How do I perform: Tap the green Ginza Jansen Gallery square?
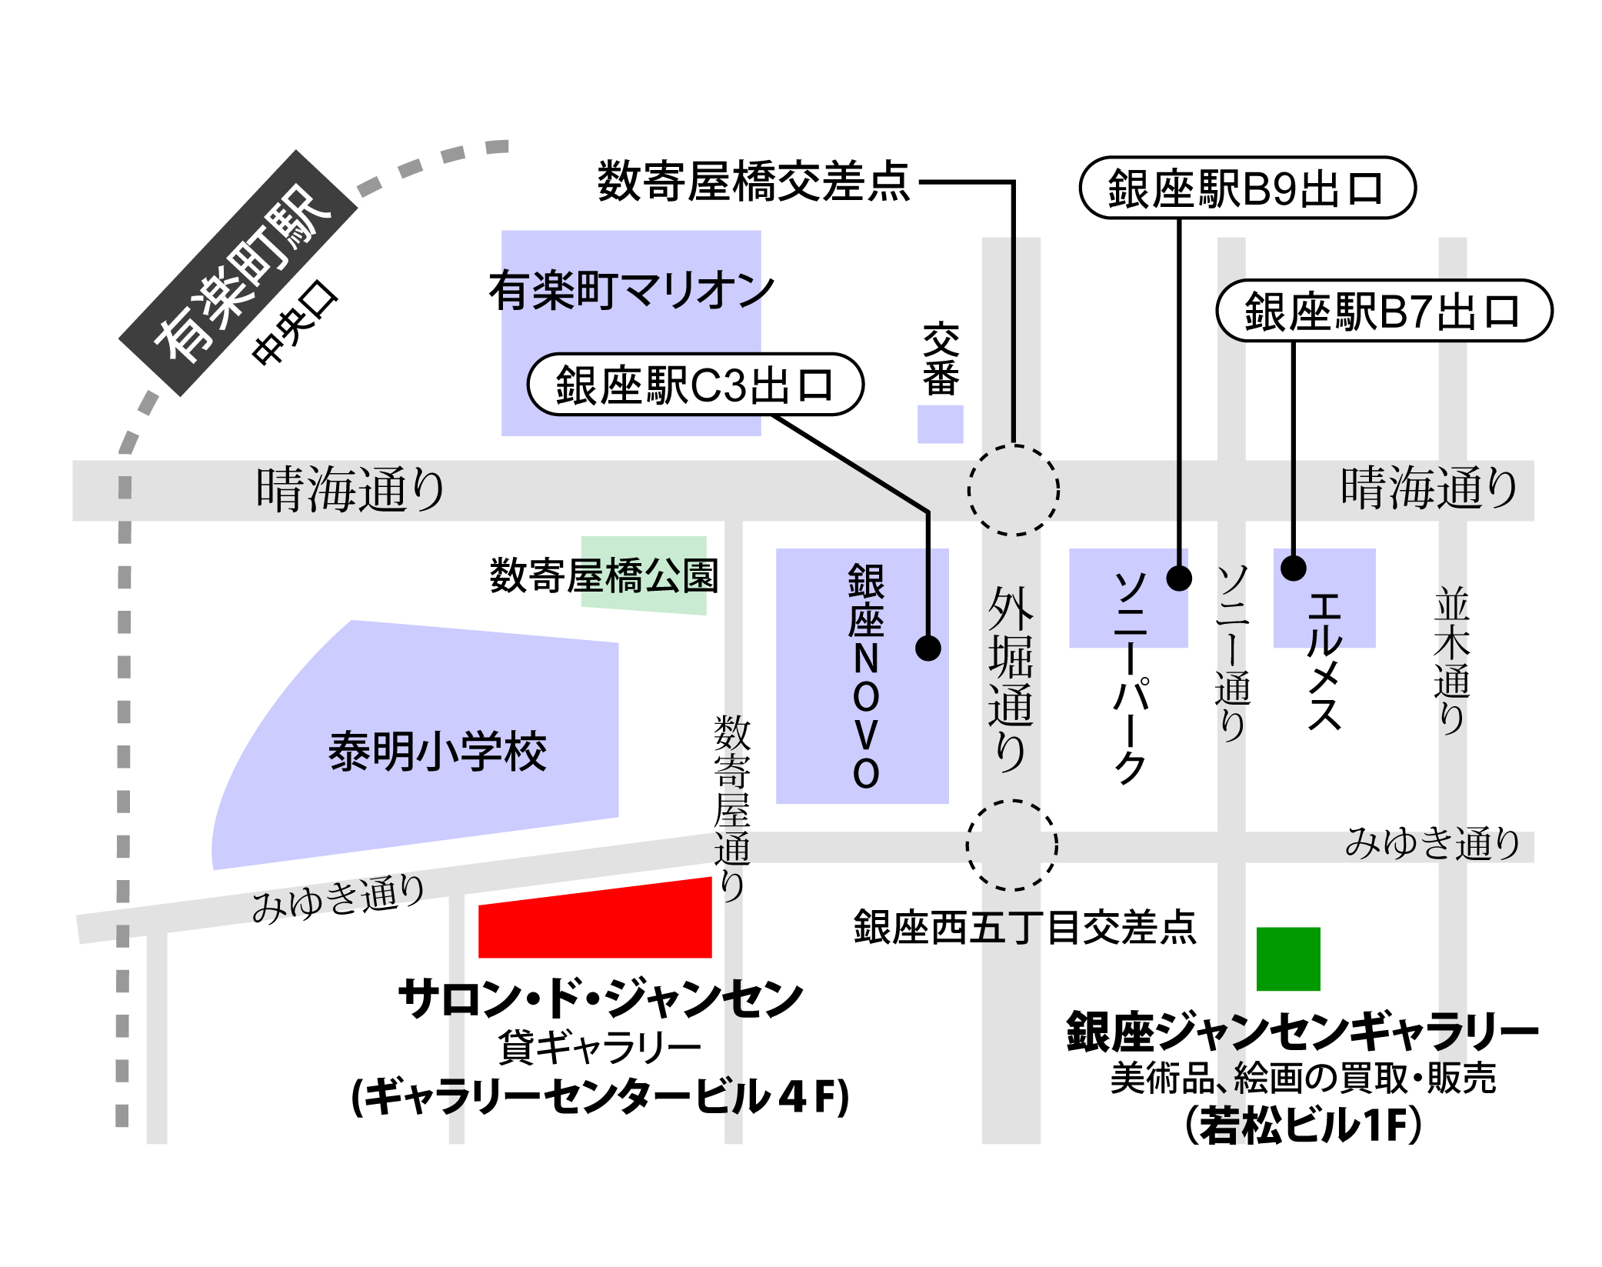pos(1288,959)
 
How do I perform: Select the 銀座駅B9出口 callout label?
pos(1247,188)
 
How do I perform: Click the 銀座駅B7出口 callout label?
pos(1384,311)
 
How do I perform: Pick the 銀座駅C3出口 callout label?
pos(695,385)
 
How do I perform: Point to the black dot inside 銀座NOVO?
pos(928,649)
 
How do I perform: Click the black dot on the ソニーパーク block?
pos(1179,578)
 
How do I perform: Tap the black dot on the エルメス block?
pos(1294,568)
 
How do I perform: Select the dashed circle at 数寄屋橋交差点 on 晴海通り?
pos(1014,490)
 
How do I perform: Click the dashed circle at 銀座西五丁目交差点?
pos(1012,845)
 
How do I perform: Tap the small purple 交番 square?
pos(940,424)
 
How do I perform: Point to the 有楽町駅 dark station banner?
pos(238,273)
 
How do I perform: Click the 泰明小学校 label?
pos(437,752)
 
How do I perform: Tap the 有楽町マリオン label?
pos(631,291)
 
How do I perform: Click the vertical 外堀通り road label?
pos(1011,679)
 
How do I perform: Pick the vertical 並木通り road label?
pos(1452,660)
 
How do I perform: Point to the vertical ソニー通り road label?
pos(1232,652)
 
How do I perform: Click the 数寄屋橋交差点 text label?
pos(754,182)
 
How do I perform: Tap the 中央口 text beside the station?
pos(295,323)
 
